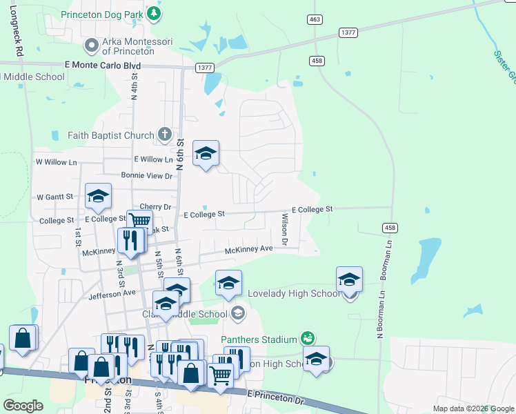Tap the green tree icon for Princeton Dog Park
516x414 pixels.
(157, 13)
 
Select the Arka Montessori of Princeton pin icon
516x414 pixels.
(91, 46)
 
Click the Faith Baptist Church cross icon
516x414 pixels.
(164, 135)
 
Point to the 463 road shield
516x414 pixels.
(315, 19)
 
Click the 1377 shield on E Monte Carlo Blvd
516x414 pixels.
(204, 68)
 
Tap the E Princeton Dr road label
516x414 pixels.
(275, 396)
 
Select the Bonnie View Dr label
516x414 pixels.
(146, 176)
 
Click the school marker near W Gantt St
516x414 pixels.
(98, 197)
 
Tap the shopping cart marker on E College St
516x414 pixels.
(139, 221)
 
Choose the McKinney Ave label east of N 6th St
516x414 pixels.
(252, 249)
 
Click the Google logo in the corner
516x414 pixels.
(23, 405)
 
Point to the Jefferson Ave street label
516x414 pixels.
(112, 293)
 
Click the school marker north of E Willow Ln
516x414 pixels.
(206, 154)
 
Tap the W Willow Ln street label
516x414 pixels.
(57, 162)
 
